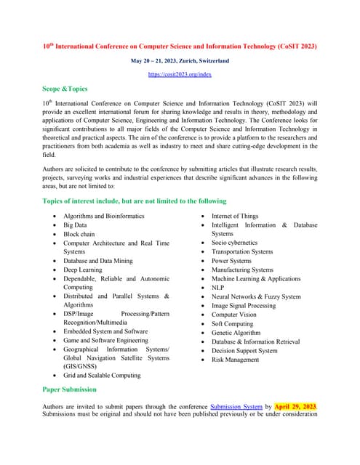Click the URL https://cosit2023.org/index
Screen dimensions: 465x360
click(180, 74)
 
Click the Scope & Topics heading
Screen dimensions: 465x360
click(65, 89)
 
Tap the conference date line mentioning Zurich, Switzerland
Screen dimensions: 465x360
click(180, 60)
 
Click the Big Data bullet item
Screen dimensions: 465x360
click(75, 225)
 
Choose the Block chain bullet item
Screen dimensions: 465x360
click(79, 235)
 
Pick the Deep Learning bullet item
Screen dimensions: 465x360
click(82, 270)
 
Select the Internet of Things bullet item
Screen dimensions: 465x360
click(234, 217)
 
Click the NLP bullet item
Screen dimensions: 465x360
click(217, 288)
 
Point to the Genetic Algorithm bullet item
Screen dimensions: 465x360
click(236, 333)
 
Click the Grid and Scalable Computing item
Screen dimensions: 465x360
click(102, 376)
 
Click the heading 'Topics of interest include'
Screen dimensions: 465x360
click(135, 201)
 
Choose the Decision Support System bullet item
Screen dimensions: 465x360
click(244, 351)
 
